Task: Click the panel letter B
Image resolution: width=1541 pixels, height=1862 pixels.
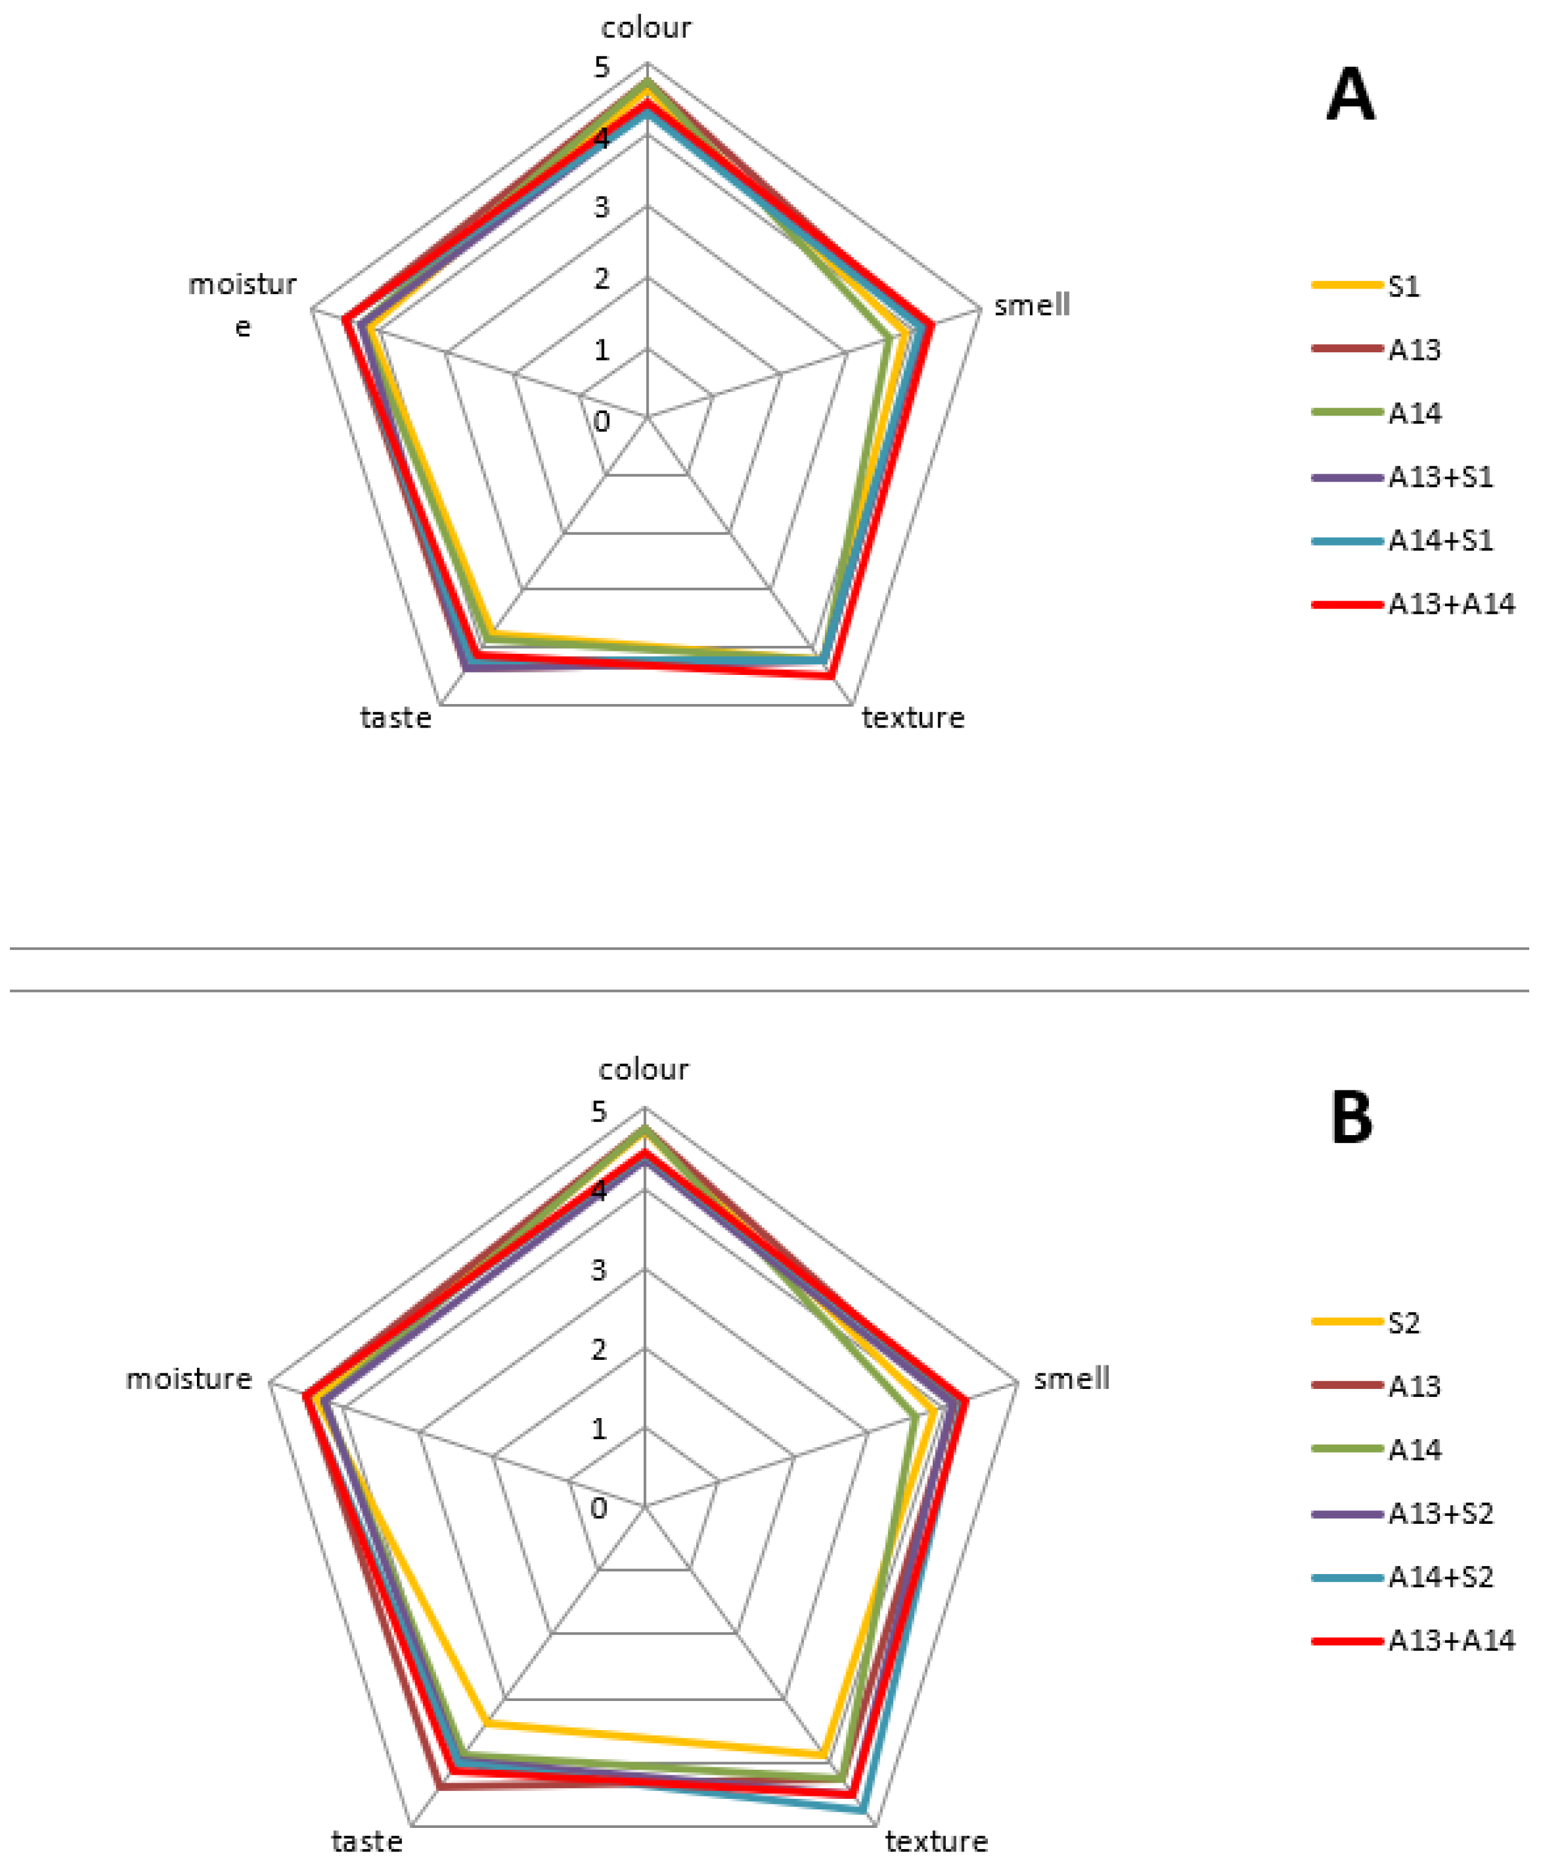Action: (x=1351, y=1118)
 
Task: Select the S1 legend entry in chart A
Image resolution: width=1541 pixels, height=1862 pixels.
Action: (x=1403, y=287)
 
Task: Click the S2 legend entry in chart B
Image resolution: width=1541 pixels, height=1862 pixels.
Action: (x=1403, y=1323)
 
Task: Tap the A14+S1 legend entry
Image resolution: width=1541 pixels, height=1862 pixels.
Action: (x=1440, y=541)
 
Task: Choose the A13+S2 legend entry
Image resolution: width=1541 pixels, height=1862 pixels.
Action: (x=1440, y=1513)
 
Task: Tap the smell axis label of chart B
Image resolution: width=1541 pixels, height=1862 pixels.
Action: (x=1071, y=1379)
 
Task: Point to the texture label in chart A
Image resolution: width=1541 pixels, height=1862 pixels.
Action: (x=912, y=717)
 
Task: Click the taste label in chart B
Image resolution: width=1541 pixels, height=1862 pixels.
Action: (x=367, y=1842)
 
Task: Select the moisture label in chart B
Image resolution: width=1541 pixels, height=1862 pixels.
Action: (x=189, y=1379)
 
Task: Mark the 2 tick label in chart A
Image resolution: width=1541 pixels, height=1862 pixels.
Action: (x=602, y=279)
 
